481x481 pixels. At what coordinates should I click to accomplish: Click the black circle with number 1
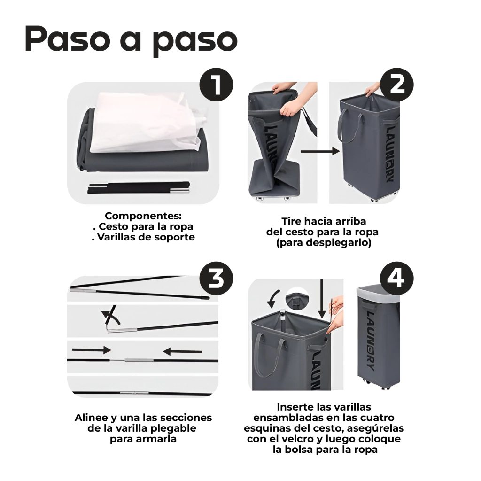(x=216, y=85)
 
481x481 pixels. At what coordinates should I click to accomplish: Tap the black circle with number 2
(x=396, y=85)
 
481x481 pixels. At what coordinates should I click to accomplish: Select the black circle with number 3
(x=216, y=278)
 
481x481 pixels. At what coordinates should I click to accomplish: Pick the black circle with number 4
(x=396, y=278)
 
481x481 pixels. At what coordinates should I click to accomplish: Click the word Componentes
(x=143, y=216)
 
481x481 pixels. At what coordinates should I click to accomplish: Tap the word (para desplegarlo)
(x=324, y=243)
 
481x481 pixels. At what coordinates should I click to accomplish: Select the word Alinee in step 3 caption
(x=91, y=418)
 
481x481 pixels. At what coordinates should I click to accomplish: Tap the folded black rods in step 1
(x=139, y=188)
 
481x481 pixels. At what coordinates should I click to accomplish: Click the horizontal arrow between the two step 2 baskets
(x=320, y=151)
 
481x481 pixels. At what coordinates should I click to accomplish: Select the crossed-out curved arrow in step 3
(x=111, y=315)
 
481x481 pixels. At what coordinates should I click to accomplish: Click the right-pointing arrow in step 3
(x=92, y=350)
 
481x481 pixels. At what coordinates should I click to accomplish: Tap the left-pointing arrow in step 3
(x=182, y=351)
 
